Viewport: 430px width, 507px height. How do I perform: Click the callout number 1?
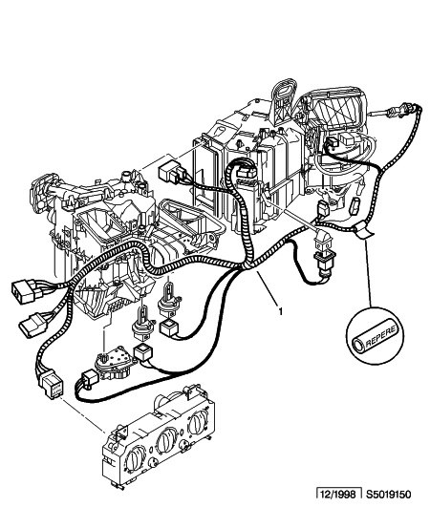[280, 311]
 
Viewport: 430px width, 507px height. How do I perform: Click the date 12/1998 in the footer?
[338, 495]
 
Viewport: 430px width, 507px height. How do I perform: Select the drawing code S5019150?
[389, 495]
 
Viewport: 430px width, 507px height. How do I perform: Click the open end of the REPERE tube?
[357, 344]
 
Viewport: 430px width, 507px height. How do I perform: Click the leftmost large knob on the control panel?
[134, 457]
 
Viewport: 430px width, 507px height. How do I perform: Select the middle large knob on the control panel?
[165, 440]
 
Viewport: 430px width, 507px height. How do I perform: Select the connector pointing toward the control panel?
[51, 382]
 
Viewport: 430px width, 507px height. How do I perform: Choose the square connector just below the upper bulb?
[168, 328]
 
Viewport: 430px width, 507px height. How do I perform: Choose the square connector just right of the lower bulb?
[141, 351]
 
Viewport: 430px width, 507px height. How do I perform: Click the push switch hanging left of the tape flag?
[324, 256]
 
